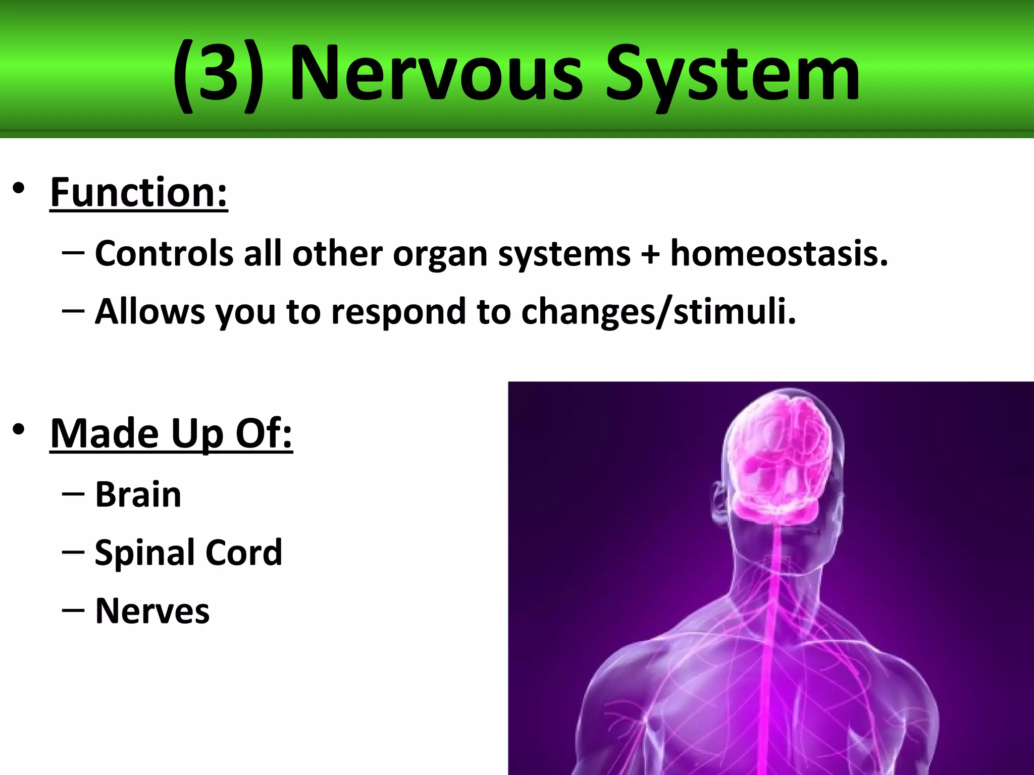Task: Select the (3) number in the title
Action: (x=218, y=75)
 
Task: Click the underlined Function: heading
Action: (x=139, y=193)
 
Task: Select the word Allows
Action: (x=150, y=311)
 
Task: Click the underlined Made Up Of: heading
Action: (x=171, y=433)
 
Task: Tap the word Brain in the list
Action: (x=138, y=494)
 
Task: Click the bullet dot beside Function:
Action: (x=19, y=189)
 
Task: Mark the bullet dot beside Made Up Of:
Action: (x=19, y=430)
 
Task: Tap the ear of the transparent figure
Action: (x=719, y=502)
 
